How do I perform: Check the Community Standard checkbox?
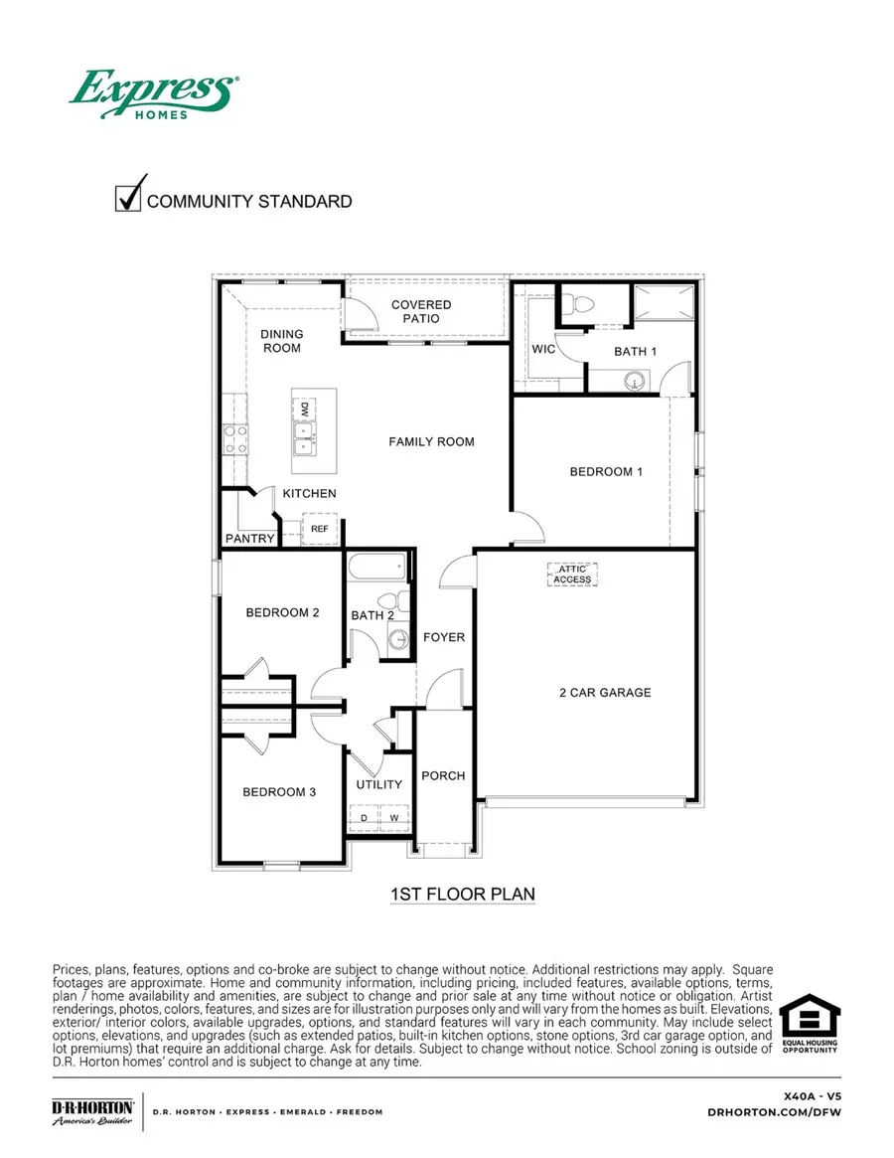(128, 198)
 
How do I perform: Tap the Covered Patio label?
(421, 311)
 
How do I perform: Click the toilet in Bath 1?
(583, 303)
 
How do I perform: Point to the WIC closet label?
(542, 350)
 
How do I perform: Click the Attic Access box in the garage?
(572, 575)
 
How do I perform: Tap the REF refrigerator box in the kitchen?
(320, 530)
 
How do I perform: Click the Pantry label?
(249, 539)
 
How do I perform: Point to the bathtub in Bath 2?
(377, 569)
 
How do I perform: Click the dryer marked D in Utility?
(364, 818)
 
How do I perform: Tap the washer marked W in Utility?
(394, 818)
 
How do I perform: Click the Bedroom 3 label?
(280, 792)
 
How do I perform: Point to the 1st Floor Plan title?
(462, 895)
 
